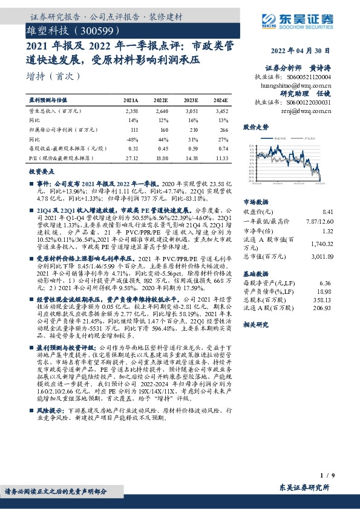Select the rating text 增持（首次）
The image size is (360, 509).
point(53,77)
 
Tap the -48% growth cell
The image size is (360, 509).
point(133,139)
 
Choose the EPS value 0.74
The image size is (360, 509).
point(222,149)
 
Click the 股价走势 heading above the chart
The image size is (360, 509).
point(255,128)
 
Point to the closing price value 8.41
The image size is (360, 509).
point(328,212)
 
